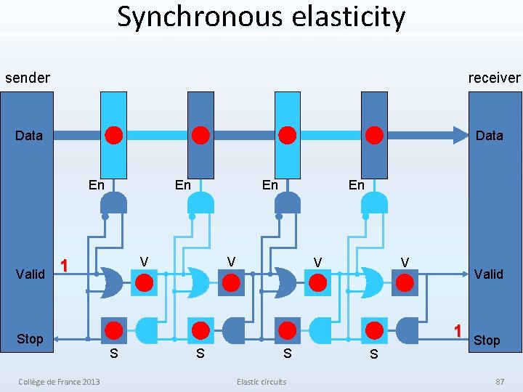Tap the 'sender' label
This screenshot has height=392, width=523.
[x=28, y=78]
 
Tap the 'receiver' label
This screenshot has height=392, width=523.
[x=494, y=78]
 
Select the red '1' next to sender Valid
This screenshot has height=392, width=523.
[x=64, y=266]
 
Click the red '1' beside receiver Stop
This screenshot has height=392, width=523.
[x=458, y=331]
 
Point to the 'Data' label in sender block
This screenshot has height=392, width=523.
[x=28, y=136]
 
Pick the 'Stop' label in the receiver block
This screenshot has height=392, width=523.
[x=487, y=340]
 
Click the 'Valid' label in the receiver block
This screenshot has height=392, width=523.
[x=489, y=274]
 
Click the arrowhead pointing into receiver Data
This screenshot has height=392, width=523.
[x=461, y=135]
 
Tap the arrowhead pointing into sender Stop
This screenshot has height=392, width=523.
[x=57, y=339]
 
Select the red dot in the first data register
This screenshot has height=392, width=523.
[x=114, y=135]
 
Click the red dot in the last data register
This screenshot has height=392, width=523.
[x=374, y=135]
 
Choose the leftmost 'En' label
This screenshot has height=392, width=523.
[x=96, y=185]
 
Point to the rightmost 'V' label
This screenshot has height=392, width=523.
[x=405, y=262]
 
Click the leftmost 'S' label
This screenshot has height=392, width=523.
[x=114, y=354]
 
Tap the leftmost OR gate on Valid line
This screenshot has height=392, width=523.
[x=111, y=282]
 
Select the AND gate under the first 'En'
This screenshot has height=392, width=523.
[x=114, y=203]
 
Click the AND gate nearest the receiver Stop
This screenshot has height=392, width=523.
[x=407, y=331]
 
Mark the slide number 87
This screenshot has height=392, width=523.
[x=500, y=382]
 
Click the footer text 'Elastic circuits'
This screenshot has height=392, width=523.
[x=261, y=382]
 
